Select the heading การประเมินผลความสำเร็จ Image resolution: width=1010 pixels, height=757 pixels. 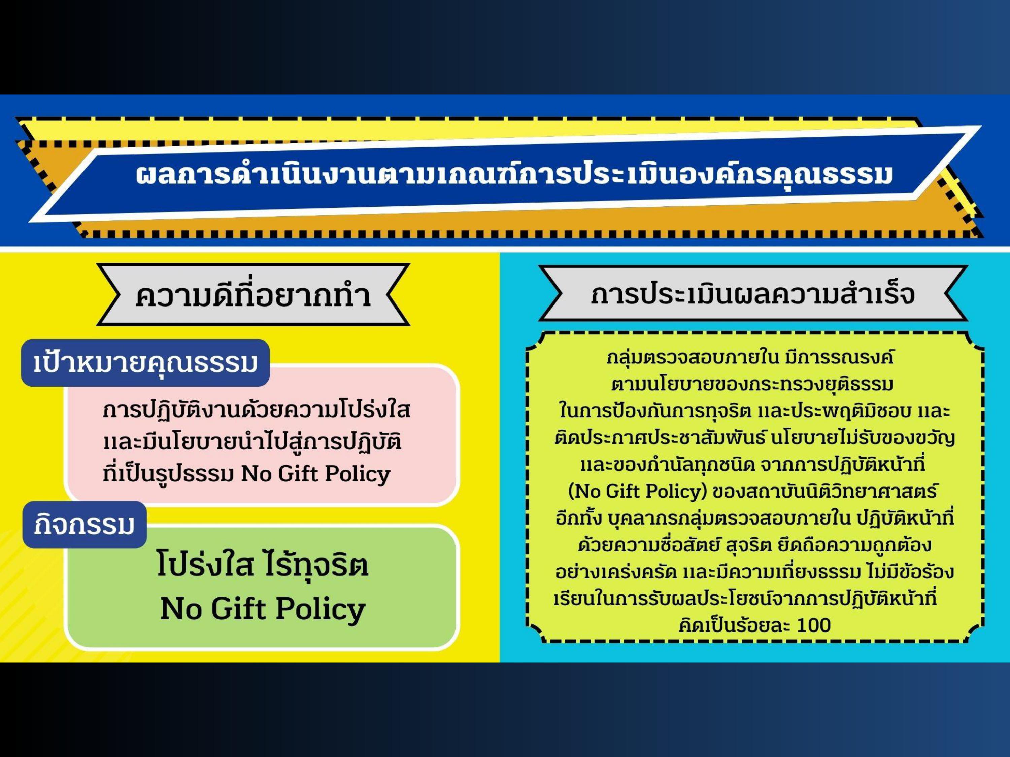pyautogui.click(x=752, y=294)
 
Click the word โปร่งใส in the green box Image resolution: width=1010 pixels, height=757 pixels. pyautogui.click(x=205, y=565)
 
